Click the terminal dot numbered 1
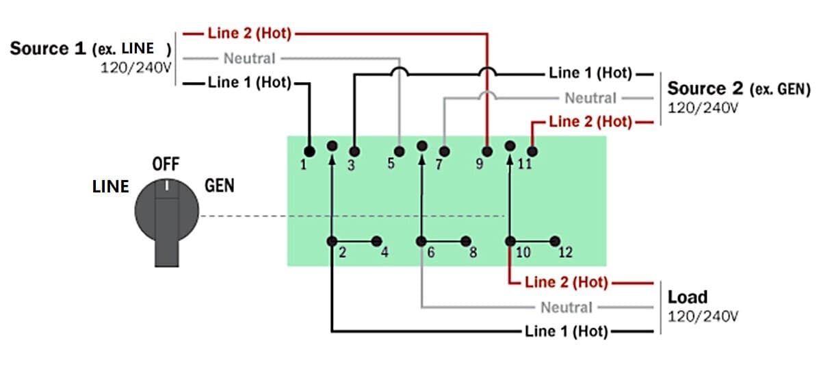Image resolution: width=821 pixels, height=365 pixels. point(309,151)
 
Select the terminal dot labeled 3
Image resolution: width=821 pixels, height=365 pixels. point(354,151)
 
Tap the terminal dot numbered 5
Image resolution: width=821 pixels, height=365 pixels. point(400,151)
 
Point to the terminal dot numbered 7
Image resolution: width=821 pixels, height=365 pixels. point(444,151)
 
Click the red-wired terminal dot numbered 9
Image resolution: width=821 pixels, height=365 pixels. point(488,151)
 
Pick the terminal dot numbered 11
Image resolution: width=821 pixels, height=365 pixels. point(533,151)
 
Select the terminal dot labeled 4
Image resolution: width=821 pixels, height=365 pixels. point(376,240)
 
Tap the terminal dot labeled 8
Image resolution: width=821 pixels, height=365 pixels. point(466,240)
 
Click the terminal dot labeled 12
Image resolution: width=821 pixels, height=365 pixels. point(555,240)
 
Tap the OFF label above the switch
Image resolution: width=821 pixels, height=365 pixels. point(166,165)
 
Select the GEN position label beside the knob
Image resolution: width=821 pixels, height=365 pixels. point(219,186)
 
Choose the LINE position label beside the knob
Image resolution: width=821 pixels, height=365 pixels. point(111,186)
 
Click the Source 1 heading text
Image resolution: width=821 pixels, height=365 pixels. point(48,49)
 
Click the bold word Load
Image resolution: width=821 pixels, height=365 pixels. point(687,297)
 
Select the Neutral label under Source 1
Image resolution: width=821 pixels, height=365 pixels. point(249,59)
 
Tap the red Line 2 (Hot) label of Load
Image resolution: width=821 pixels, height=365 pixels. point(566,282)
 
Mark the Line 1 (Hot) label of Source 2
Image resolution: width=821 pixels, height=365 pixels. point(592,73)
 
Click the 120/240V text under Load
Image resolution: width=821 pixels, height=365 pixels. point(703,316)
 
